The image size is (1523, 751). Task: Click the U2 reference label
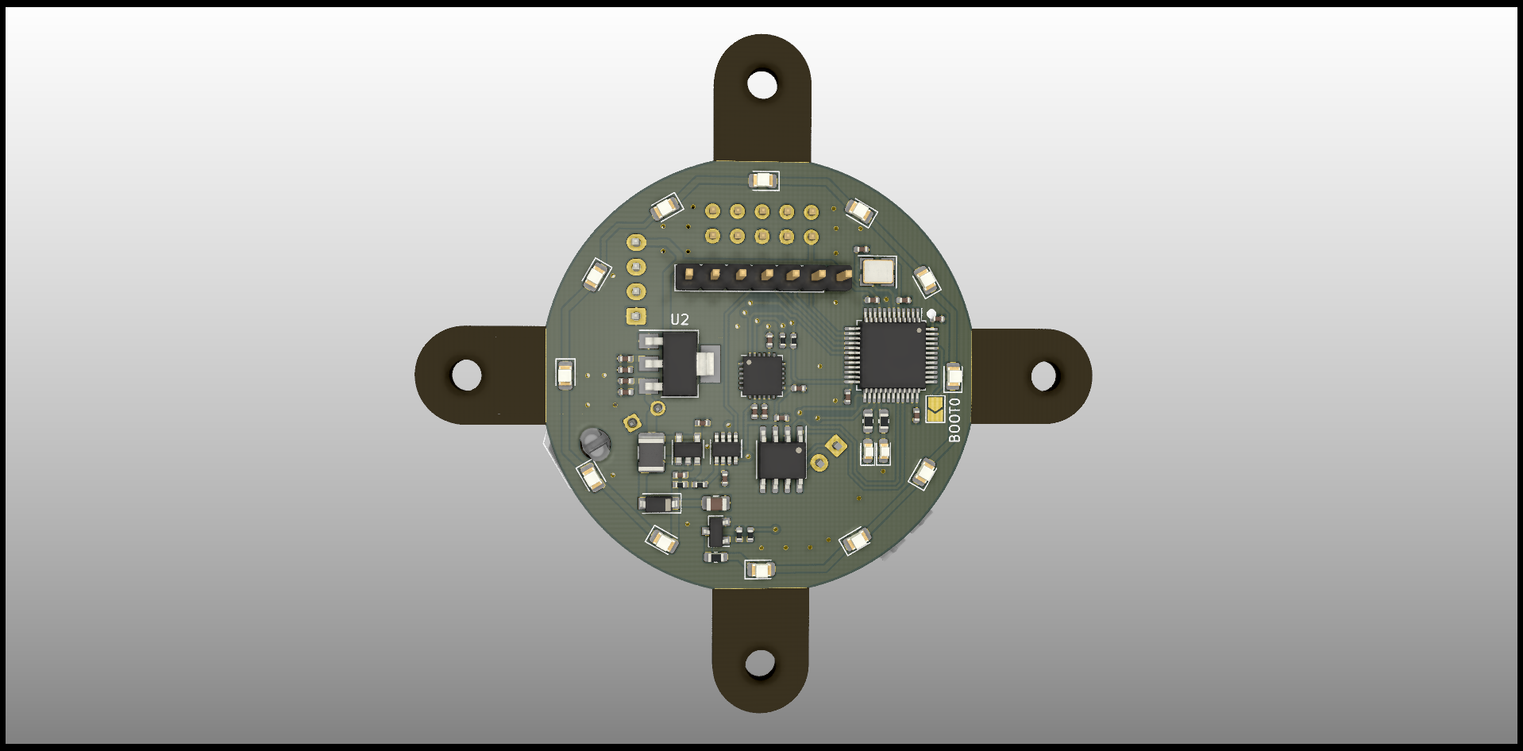point(680,319)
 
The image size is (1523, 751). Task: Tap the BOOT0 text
point(954,420)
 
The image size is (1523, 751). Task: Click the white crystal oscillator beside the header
point(877,272)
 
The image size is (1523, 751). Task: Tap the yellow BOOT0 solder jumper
point(935,409)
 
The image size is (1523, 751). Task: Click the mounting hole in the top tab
point(762,84)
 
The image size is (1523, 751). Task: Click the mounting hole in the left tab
point(467,375)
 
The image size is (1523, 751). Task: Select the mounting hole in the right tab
point(1043,375)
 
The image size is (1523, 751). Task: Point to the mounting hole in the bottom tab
point(760,663)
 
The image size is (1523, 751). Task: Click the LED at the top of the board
point(763,181)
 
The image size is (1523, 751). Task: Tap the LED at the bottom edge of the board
point(760,569)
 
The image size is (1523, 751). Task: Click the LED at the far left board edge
point(565,374)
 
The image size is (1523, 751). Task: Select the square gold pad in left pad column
point(635,317)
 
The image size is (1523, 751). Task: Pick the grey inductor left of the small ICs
point(652,453)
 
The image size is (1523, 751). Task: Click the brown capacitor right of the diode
point(716,503)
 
